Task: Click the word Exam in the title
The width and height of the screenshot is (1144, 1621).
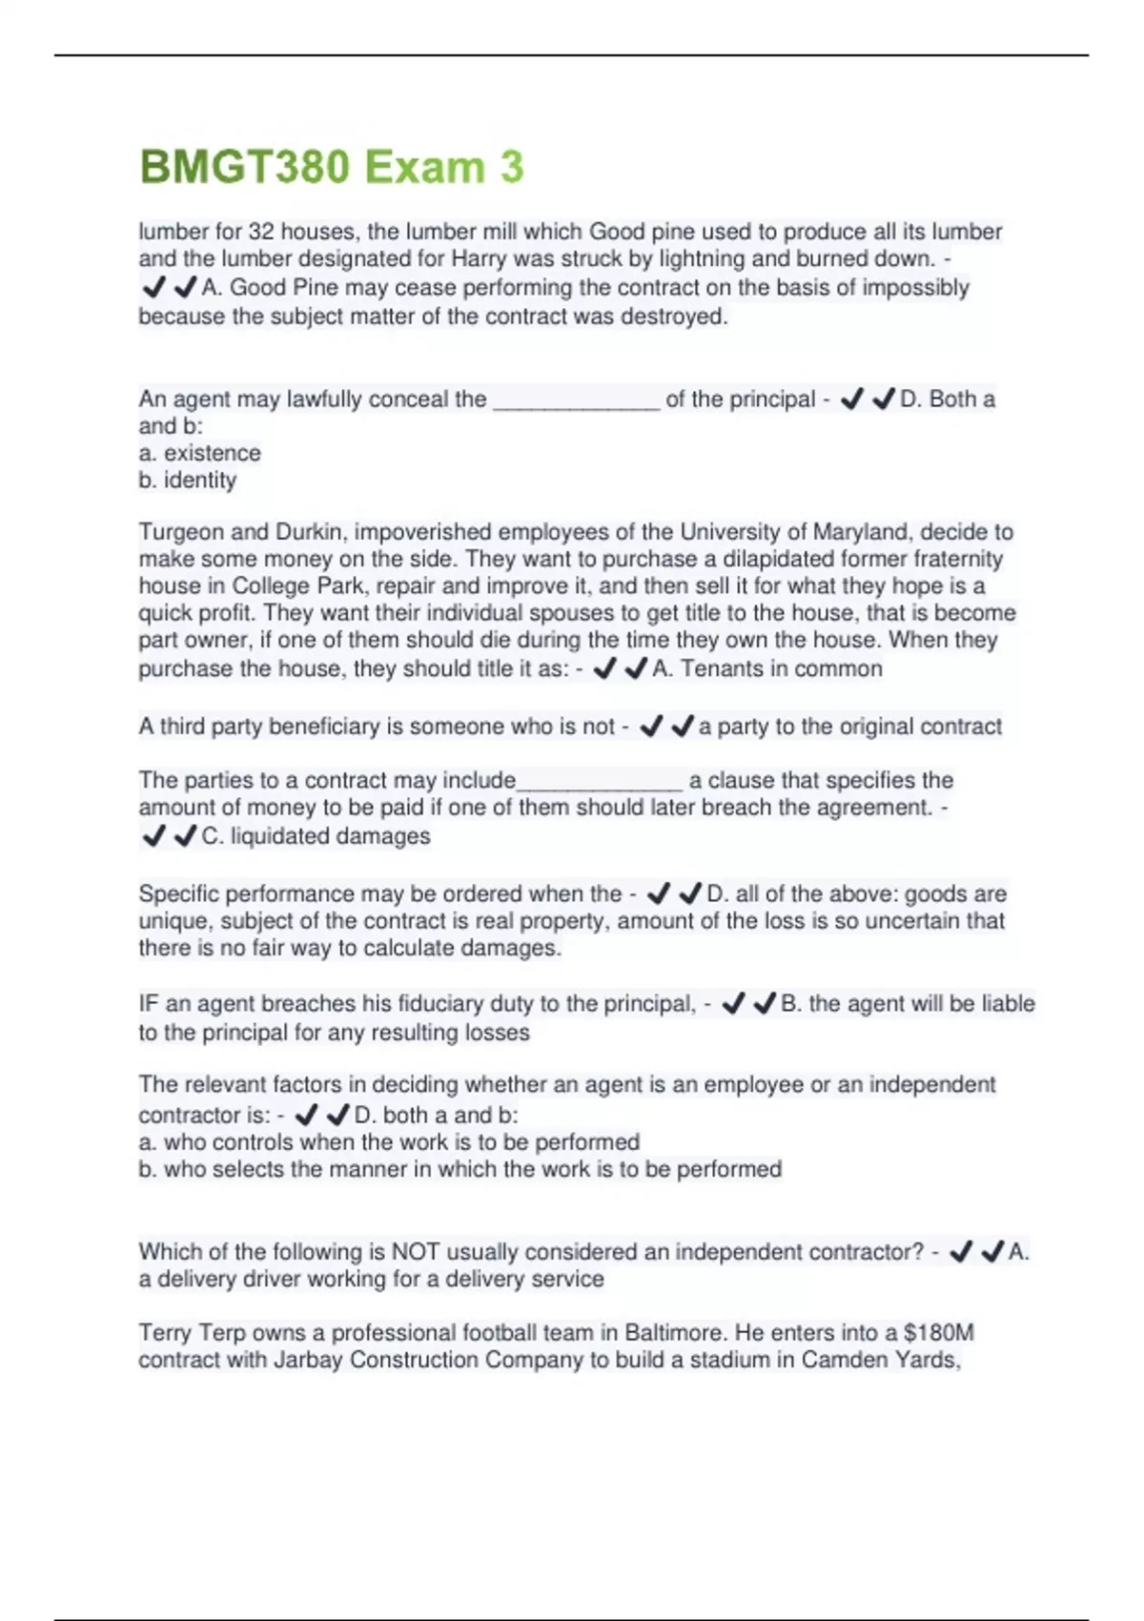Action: tap(424, 168)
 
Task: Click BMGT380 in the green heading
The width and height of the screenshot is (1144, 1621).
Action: tap(245, 168)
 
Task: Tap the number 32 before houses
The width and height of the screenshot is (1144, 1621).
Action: tap(261, 232)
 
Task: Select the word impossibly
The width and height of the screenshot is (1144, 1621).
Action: tap(915, 288)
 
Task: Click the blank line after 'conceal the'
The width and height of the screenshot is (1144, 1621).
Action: tap(576, 400)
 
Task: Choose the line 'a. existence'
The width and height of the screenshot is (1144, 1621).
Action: tap(199, 453)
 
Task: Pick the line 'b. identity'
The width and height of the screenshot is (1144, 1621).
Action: tap(187, 480)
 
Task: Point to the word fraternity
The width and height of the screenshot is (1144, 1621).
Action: tap(950, 559)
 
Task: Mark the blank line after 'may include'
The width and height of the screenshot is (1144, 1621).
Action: tap(599, 781)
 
